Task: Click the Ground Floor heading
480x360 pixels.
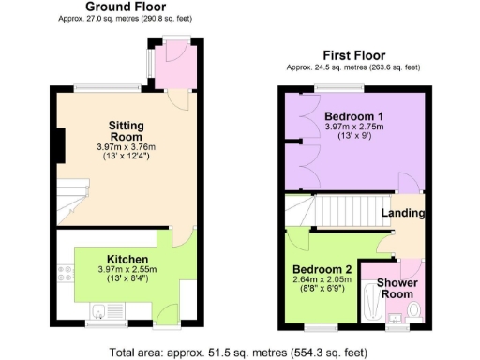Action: tap(112, 7)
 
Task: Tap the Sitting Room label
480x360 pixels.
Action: tap(126, 130)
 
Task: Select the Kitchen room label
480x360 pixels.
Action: tap(126, 259)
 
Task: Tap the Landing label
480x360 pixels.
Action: tap(403, 213)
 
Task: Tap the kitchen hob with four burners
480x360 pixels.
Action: tap(66, 275)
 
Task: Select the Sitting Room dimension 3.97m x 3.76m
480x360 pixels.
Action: tap(126, 146)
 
